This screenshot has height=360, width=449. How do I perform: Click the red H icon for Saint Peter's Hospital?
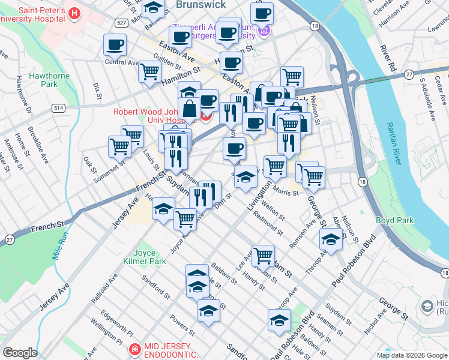pyautogui.click(x=74, y=13)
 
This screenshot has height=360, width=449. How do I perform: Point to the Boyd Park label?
pyautogui.click(x=394, y=220)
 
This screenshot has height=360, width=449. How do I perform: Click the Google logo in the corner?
pyautogui.click(x=20, y=353)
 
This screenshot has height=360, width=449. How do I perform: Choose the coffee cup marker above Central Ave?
pyautogui.click(x=115, y=44)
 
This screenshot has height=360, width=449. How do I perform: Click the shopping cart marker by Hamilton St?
pyautogui.click(x=149, y=71)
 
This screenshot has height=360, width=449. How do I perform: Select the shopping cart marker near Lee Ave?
pyautogui.click(x=263, y=255)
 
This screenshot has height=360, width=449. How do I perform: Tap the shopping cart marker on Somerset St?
pyautogui.click(x=119, y=145)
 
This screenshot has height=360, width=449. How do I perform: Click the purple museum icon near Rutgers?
pyautogui.click(x=262, y=30)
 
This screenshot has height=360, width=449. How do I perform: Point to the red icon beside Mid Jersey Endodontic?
pyautogui.click(x=135, y=348)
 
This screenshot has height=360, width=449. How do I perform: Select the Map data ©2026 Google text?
pyautogui.click(x=412, y=355)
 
